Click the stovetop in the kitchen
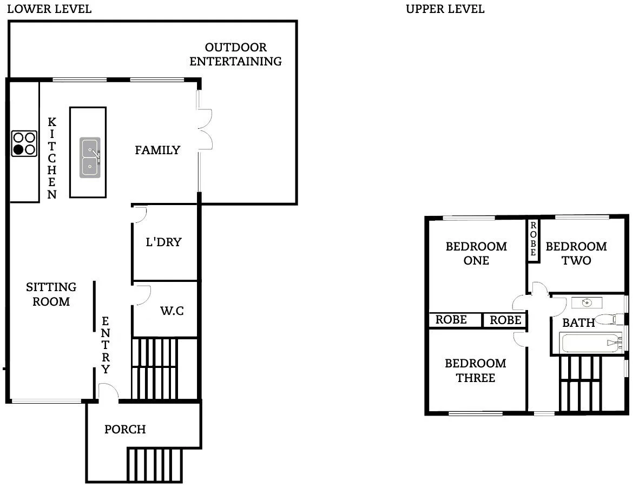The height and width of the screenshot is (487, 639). click(x=24, y=144)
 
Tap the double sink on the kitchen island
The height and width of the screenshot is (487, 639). click(x=90, y=157)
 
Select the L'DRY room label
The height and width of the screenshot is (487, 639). click(x=163, y=242)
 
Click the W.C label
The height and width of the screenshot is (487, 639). click(x=172, y=311)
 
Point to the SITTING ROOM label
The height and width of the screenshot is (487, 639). click(x=51, y=294)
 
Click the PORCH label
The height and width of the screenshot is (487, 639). click(x=125, y=430)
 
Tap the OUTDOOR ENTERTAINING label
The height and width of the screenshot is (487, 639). click(x=235, y=54)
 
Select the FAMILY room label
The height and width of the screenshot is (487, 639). click(x=157, y=150)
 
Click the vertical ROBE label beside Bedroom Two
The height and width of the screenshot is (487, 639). click(x=533, y=239)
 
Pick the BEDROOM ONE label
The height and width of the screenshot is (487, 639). click(x=476, y=253)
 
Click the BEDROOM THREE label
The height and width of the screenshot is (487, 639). click(x=475, y=370)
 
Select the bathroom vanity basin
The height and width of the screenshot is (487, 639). click(x=587, y=302)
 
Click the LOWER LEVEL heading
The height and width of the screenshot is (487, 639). click(x=49, y=9)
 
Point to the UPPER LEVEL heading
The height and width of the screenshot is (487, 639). click(x=445, y=9)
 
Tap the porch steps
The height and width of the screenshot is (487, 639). click(x=155, y=464)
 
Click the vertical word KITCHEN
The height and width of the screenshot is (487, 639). click(x=52, y=158)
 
